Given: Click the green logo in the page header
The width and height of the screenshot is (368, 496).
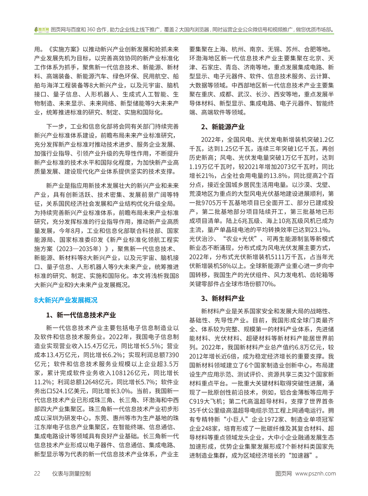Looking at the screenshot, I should pyautogui.click(x=41, y=30).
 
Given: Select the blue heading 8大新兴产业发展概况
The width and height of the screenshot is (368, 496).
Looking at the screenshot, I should pyautogui.click(x=66, y=300).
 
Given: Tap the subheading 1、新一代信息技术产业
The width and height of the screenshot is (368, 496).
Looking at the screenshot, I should pyautogui.click(x=81, y=315).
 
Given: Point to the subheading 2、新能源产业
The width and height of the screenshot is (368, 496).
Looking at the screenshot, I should pyautogui.click(x=223, y=127).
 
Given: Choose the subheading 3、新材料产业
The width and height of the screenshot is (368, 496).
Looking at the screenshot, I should pyautogui.click(x=223, y=298).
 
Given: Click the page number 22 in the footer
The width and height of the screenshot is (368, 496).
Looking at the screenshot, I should pyautogui.click(x=37, y=473).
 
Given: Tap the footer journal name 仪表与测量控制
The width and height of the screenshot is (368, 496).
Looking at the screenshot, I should pyautogui.click(x=71, y=473).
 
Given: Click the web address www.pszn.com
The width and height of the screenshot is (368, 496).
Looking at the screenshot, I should pyautogui.click(x=315, y=473).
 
